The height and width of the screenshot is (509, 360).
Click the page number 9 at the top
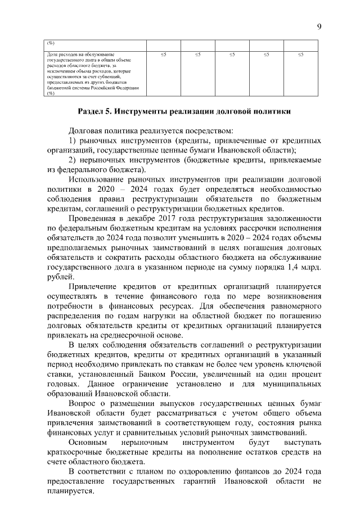[x=319, y=27]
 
